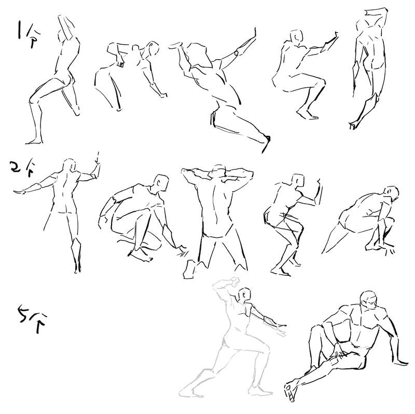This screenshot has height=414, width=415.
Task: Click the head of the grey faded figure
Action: click(x=244, y=294)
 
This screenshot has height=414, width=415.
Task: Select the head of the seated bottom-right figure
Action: click(x=368, y=300)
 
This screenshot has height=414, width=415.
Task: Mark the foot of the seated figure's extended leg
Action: click(x=290, y=391)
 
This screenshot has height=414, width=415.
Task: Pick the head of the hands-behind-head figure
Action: click(x=218, y=171)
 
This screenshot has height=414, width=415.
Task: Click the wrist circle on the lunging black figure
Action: click(x=237, y=53)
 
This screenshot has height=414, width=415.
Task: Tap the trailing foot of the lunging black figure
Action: click(x=266, y=144)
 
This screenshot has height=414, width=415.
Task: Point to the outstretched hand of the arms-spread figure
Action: click(x=19, y=192)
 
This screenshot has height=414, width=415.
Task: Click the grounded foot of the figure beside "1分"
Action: click(x=34, y=141)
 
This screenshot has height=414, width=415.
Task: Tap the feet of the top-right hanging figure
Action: click(x=353, y=125)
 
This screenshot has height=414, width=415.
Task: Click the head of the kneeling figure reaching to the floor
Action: click(x=161, y=183)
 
